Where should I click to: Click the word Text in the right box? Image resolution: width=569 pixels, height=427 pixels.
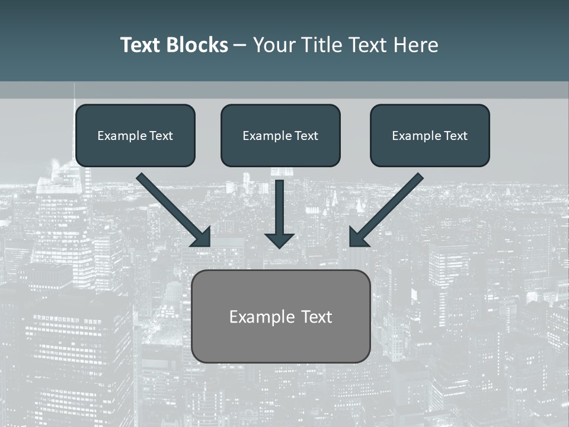tap(455, 136)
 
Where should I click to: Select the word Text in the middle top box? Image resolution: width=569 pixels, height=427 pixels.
tap(306, 136)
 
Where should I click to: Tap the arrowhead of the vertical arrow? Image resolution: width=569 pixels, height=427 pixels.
tap(280, 240)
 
